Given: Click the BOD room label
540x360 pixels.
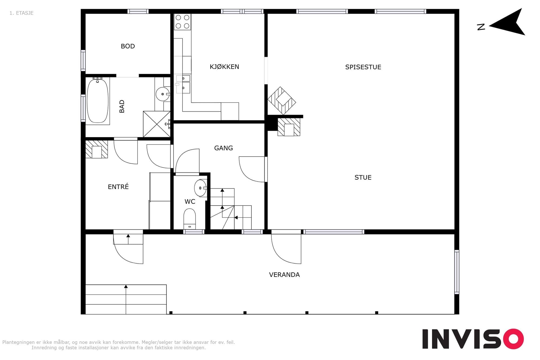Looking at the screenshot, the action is pyautogui.click(x=128, y=46).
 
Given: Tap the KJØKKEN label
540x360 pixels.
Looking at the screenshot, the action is pyautogui.click(x=224, y=67).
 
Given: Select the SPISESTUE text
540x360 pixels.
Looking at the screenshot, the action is pyautogui.click(x=363, y=67).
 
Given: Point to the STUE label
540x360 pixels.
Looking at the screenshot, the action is pyautogui.click(x=363, y=177).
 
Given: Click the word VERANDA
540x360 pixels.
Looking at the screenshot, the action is pyautogui.click(x=284, y=275).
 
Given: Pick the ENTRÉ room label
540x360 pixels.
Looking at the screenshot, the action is pyautogui.click(x=118, y=186).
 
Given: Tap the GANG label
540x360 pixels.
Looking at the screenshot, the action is pyautogui.click(x=223, y=148).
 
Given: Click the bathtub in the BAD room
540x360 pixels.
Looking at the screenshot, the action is pyautogui.click(x=97, y=101).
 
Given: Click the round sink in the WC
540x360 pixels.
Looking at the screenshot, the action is pyautogui.click(x=200, y=188).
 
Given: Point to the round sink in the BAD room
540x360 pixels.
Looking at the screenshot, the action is pyautogui.click(x=163, y=94).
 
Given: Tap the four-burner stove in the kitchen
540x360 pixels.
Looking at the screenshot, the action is pyautogui.click(x=183, y=22).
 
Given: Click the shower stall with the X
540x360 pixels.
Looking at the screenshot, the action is pyautogui.click(x=157, y=124).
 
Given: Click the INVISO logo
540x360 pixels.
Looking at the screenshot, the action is pyautogui.click(x=473, y=339).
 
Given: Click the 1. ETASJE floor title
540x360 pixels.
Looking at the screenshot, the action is pyautogui.click(x=22, y=13).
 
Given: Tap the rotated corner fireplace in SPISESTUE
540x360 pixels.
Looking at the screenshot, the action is pyautogui.click(x=282, y=101).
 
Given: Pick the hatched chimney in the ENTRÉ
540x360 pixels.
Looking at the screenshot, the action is pyautogui.click(x=97, y=149).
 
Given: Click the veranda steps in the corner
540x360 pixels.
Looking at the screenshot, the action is pyautogui.click(x=126, y=299).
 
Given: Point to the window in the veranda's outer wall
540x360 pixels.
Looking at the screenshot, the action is pyautogui.click(x=457, y=272).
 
